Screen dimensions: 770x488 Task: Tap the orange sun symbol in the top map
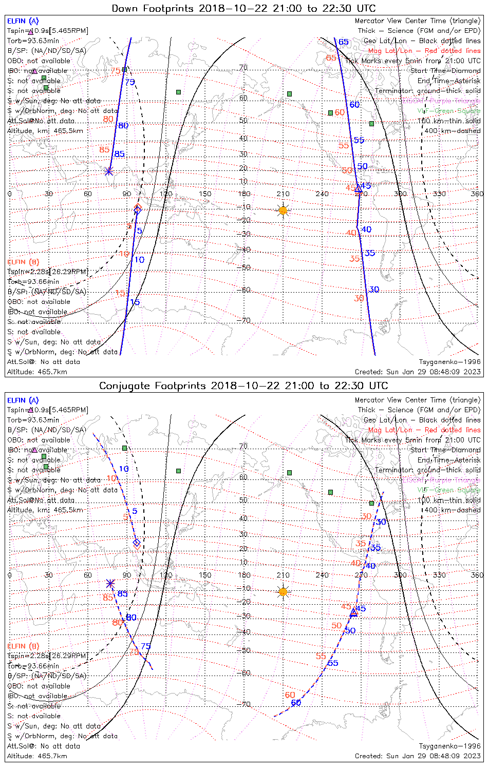pyautogui.click(x=283, y=210)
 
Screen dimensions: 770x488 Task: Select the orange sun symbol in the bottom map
pyautogui.click(x=283, y=592)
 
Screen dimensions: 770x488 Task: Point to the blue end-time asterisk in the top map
pyautogui.click(x=109, y=171)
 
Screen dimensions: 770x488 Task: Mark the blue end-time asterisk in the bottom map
pyautogui.click(x=110, y=583)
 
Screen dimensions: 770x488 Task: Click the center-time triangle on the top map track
pyautogui.click(x=358, y=189)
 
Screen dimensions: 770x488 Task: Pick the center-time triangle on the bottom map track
pyautogui.click(x=353, y=613)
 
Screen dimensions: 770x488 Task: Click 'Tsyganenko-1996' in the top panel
pyautogui.click(x=449, y=362)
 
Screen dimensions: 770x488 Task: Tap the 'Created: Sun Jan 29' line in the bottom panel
pyautogui.click(x=418, y=756)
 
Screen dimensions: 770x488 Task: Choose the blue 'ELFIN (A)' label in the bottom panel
pyautogui.click(x=23, y=400)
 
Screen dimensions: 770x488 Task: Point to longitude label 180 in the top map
pyautogui.click(x=244, y=194)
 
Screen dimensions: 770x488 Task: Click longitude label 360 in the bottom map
pyautogui.click(x=477, y=575)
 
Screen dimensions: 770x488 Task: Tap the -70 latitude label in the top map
pyautogui.click(x=243, y=321)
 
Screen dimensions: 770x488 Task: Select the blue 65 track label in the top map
pyautogui.click(x=344, y=42)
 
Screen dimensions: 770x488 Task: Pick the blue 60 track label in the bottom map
pyautogui.click(x=296, y=703)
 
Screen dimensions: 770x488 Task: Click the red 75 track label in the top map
pyautogui.click(x=115, y=71)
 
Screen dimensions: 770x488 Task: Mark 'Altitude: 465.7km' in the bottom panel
pyautogui.click(x=37, y=756)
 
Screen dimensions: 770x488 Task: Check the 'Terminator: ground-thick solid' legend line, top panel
pyautogui.click(x=427, y=91)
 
